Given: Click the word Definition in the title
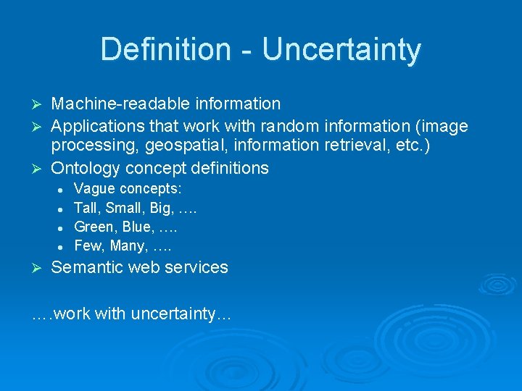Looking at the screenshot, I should click(164, 50).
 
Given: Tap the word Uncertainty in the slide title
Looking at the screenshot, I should click(341, 50).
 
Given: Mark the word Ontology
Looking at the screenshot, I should click(86, 169).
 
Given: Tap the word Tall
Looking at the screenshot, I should click(86, 209).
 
